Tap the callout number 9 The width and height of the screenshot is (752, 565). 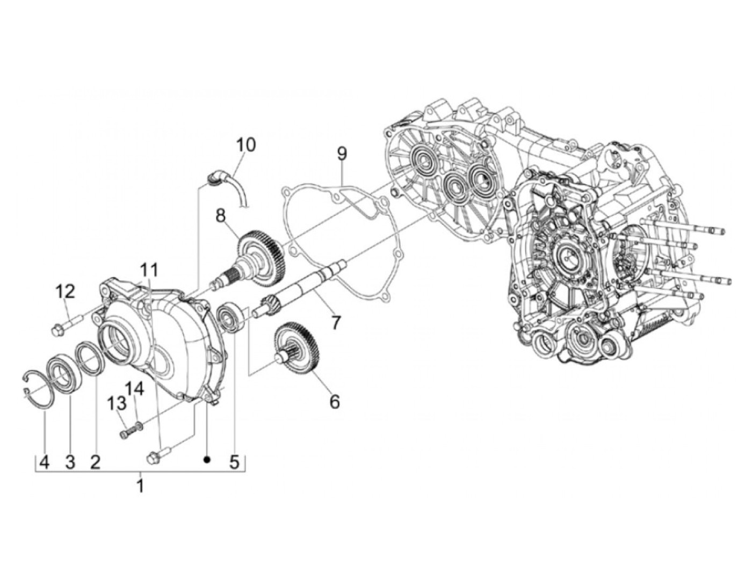tap(342, 155)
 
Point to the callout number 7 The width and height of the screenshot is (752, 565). tap(336, 322)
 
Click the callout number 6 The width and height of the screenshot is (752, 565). tap(335, 401)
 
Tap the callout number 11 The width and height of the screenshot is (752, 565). tap(150, 269)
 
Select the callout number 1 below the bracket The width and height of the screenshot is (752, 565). tap(140, 487)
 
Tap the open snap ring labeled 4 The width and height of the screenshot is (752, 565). tap(38, 384)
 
